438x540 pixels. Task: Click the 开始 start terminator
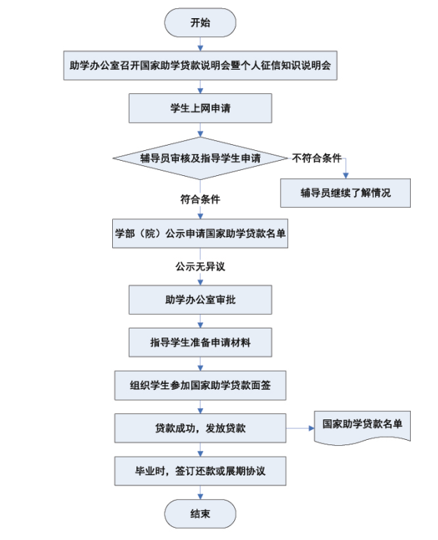200,23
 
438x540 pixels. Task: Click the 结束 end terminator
200,513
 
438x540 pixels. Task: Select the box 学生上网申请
200,108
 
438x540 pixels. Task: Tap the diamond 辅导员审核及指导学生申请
200,158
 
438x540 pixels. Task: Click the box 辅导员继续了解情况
346,193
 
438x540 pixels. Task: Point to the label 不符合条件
317,158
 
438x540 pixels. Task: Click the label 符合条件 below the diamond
200,199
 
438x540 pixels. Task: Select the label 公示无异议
200,266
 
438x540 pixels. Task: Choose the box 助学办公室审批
200,300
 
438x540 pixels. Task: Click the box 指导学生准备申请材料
200,342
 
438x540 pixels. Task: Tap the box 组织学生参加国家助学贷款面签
200,385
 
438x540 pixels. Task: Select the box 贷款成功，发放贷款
200,428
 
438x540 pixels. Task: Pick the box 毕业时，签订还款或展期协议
200,471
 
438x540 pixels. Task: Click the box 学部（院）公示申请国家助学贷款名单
200,234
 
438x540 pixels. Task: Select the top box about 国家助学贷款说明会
200,65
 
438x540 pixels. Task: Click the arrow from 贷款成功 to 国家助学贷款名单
300,428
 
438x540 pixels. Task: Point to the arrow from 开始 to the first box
200,44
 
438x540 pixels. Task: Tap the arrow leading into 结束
200,492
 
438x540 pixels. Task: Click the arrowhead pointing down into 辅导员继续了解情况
346,175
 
